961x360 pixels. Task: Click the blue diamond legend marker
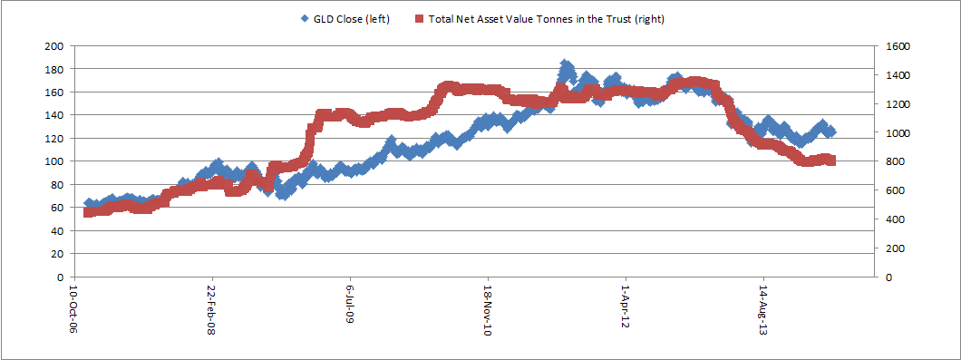pos(304,19)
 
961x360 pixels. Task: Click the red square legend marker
pos(419,19)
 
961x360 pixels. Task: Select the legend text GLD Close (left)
pos(351,19)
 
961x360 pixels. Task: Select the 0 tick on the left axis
pos(60,277)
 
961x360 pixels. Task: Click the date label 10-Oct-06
pos(74,308)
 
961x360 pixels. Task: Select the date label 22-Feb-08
pos(212,308)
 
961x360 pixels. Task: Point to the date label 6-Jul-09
pos(350,305)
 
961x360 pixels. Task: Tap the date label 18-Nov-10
pos(488,308)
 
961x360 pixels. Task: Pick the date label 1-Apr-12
pos(626,306)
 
